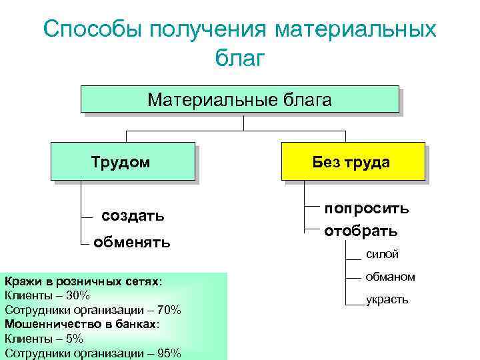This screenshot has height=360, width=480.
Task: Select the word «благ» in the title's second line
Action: (240, 59)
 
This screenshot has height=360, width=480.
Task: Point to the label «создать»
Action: (133, 216)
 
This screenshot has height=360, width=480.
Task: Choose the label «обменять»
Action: (131, 241)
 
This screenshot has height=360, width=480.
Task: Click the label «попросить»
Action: (367, 208)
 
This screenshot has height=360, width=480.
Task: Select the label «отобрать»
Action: (361, 231)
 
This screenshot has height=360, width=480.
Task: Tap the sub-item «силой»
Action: (382, 254)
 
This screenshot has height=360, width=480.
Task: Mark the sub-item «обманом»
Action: (390, 277)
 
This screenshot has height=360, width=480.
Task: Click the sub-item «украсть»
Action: (387, 300)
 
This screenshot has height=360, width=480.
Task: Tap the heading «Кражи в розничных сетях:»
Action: (83, 281)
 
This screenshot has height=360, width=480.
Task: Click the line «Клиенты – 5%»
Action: (44, 339)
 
